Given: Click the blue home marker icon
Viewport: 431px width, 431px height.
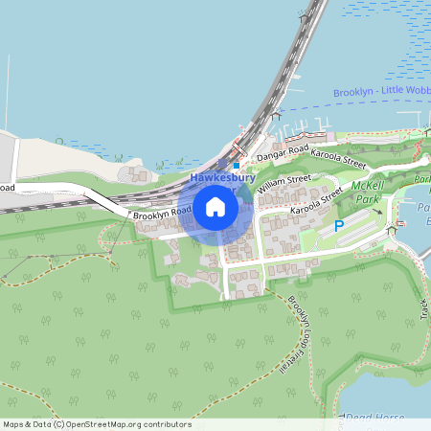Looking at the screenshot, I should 215,206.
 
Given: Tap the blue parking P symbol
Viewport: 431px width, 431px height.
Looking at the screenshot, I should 338,226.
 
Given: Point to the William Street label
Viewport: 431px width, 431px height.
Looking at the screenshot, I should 284,182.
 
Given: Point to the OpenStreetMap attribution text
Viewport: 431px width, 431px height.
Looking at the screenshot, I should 97,424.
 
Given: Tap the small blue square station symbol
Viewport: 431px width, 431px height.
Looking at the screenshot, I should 237,166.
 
